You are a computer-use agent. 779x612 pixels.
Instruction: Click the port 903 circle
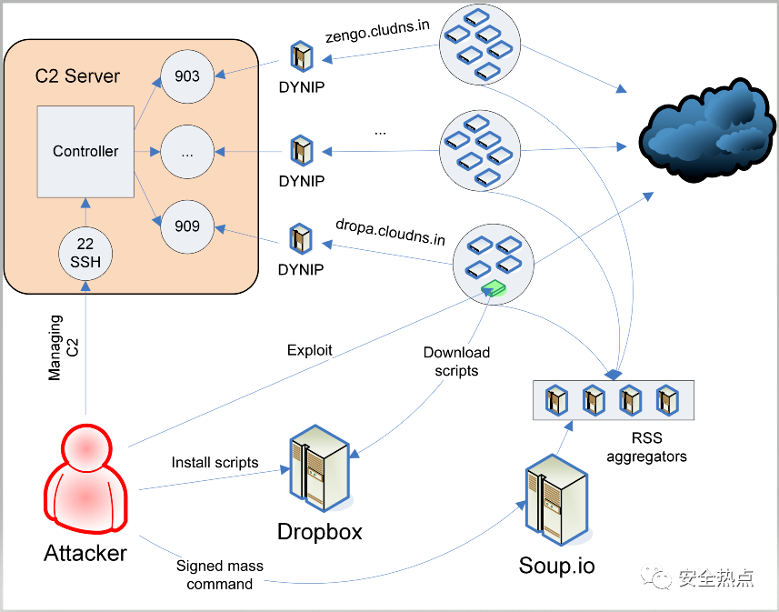(x=187, y=76)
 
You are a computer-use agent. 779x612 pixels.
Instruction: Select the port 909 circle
(x=187, y=226)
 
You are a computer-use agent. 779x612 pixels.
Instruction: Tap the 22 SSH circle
(x=85, y=254)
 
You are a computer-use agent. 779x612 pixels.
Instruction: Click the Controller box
(x=85, y=152)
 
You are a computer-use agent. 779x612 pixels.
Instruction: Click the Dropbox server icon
(x=320, y=468)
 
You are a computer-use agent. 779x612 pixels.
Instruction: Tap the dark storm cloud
(x=707, y=130)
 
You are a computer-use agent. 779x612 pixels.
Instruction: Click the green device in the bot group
(x=494, y=289)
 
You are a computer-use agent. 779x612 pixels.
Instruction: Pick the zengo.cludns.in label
(x=377, y=31)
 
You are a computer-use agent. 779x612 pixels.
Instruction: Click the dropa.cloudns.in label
(x=391, y=232)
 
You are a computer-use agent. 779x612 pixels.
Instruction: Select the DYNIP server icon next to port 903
(x=302, y=57)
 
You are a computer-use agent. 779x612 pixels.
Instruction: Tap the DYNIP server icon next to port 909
(x=301, y=239)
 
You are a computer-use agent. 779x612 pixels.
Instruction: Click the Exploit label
(x=310, y=350)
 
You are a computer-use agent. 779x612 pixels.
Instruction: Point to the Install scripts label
(x=215, y=462)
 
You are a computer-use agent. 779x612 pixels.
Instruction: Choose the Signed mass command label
(x=220, y=575)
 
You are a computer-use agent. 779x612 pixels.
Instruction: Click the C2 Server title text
(x=77, y=76)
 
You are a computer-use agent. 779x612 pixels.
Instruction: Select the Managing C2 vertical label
(x=63, y=348)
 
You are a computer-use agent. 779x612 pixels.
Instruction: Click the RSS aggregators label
(x=647, y=446)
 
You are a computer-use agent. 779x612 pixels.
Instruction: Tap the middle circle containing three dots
(x=187, y=152)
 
